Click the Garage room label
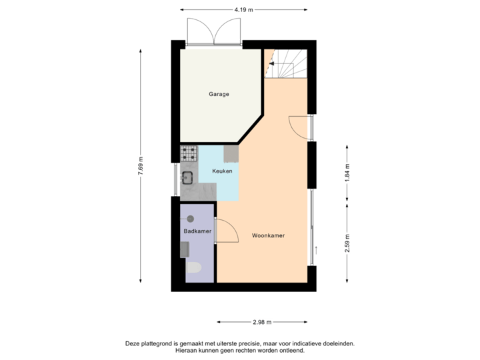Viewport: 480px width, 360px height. click(x=219, y=94)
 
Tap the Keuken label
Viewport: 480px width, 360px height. click(x=222, y=171)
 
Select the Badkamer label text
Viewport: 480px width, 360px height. click(x=197, y=231)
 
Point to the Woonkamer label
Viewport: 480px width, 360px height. click(x=269, y=236)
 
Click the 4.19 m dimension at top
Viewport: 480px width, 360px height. click(x=241, y=9)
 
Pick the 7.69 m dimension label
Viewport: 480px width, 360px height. click(x=141, y=166)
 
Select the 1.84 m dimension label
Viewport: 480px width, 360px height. click(x=347, y=172)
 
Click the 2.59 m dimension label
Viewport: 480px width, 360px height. click(x=347, y=243)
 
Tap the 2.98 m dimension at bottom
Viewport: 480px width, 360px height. click(x=261, y=322)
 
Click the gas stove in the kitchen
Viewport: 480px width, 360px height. click(x=189, y=153)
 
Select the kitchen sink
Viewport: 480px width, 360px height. click(x=188, y=177)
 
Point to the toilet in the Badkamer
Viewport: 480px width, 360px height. click(x=194, y=268)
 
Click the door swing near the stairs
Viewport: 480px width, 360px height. click(x=298, y=127)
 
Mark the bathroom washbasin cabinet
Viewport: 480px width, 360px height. click(x=185, y=249)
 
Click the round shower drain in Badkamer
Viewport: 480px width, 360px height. click(x=190, y=218)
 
